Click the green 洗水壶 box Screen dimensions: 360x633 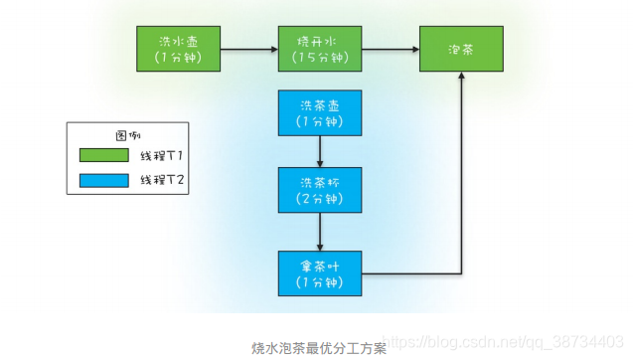(x=178, y=49)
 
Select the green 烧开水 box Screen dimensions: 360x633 (x=319, y=49)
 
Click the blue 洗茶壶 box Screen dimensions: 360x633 (x=319, y=113)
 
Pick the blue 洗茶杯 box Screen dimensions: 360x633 (x=319, y=190)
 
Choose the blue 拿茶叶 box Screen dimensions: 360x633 (x=319, y=273)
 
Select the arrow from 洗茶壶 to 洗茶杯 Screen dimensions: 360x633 (x=319, y=151)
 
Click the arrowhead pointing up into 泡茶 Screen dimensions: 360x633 (x=461, y=78)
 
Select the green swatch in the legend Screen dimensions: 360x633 (x=103, y=155)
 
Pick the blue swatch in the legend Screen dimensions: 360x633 (x=103, y=180)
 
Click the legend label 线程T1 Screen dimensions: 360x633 (x=162, y=155)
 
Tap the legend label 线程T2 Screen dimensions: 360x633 (x=162, y=180)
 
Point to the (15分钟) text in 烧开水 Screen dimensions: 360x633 (x=319, y=58)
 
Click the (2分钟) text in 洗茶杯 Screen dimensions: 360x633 (x=319, y=199)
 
